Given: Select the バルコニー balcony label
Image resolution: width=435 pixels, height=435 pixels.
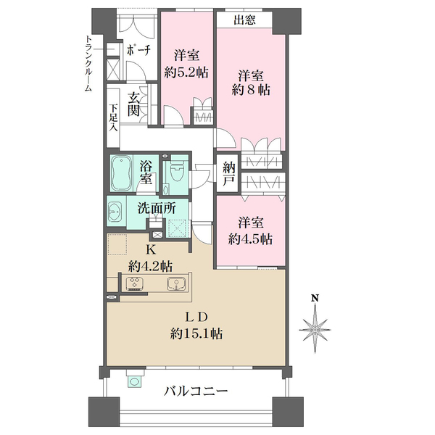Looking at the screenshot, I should [195, 391].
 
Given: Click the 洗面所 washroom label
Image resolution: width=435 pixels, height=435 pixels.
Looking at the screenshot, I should [157, 207].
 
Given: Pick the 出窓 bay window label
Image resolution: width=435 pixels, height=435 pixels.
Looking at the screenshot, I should [244, 20].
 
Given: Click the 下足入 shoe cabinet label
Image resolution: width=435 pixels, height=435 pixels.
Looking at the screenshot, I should [114, 117].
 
